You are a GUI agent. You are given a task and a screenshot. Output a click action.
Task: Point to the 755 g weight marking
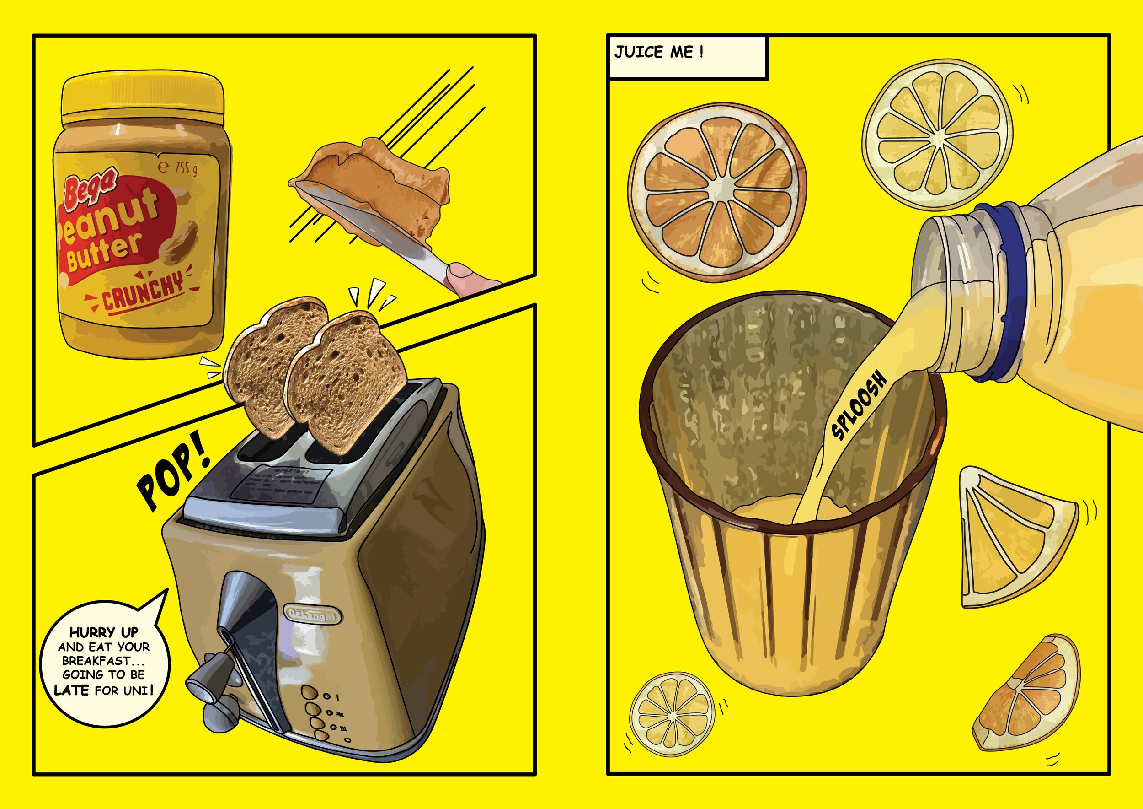point(178,168)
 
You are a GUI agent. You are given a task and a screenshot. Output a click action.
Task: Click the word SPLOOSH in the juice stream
point(860,405)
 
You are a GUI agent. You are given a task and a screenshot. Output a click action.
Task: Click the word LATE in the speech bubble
point(72,690)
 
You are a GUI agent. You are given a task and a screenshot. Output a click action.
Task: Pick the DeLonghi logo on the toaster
point(313,615)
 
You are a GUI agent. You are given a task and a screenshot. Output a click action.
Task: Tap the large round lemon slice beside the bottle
point(937,135)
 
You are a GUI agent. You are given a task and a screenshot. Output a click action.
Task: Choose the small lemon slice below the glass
point(672,714)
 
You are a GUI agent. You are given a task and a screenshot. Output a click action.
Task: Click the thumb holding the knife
point(460,273)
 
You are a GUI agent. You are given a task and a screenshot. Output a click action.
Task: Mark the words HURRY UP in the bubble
point(103,633)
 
